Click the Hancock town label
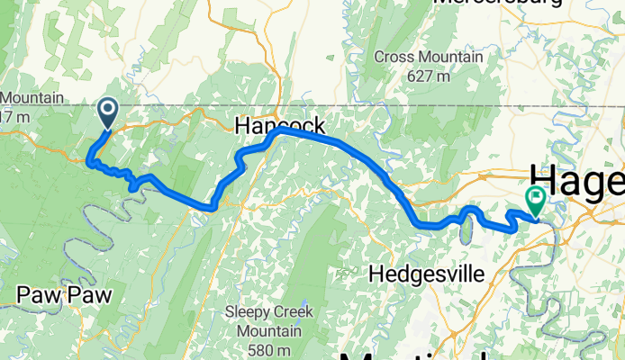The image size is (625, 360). pyautogui.click(x=279, y=126)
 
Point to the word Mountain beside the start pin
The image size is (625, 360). pyautogui.click(x=32, y=97)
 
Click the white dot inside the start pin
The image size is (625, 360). pyautogui.click(x=106, y=110)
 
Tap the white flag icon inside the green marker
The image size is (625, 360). pyautogui.click(x=535, y=197)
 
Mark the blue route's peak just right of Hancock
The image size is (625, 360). pyautogui.click(x=281, y=130)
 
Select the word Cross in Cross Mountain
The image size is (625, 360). pyautogui.click(x=393, y=58)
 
